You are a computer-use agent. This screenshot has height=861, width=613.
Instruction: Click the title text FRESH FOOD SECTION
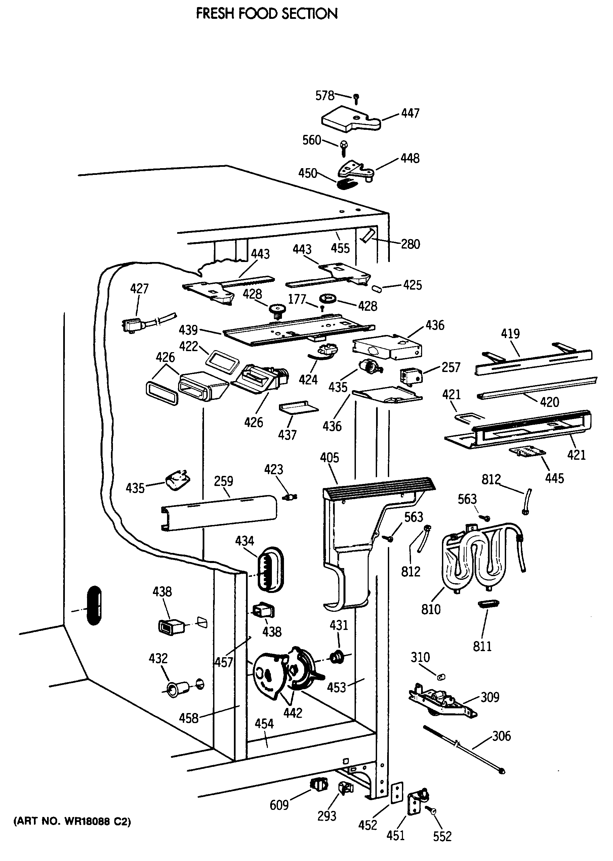[267, 14]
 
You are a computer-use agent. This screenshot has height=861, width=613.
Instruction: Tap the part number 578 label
[325, 95]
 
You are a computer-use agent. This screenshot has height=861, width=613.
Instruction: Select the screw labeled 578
[356, 99]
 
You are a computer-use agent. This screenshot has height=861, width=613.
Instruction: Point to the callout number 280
[410, 244]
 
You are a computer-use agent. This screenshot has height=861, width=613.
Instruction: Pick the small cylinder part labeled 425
[377, 289]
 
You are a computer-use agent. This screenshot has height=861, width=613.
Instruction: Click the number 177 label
[297, 299]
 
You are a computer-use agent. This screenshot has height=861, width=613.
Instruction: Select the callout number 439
[188, 330]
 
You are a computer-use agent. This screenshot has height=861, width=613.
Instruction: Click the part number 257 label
[451, 367]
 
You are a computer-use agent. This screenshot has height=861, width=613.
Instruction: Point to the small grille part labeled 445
[528, 452]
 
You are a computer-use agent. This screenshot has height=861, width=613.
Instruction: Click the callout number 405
[330, 458]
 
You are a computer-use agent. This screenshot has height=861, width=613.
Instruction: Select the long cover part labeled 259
[219, 513]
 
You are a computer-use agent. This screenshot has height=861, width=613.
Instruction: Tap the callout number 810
[431, 609]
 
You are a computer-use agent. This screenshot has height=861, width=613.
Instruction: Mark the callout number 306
[501, 736]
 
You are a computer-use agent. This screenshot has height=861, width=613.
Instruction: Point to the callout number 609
[279, 805]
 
